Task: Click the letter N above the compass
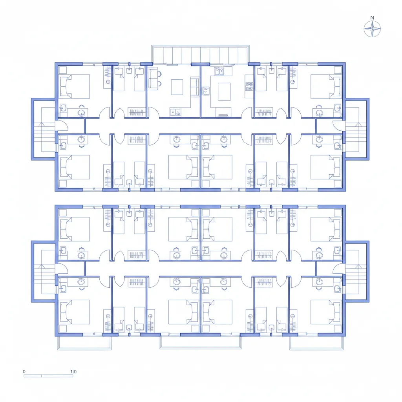click(372, 18)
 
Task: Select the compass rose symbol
click(372, 29)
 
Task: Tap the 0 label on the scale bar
click(24, 371)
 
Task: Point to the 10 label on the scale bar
click(73, 371)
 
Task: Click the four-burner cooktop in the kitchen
click(249, 86)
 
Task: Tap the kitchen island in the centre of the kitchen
click(224, 91)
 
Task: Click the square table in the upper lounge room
click(177, 87)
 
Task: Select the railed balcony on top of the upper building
click(200, 54)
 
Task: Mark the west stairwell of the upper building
click(44, 129)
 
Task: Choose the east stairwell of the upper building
click(357, 129)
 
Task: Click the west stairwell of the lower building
click(44, 272)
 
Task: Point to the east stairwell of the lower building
click(357, 272)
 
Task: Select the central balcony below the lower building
click(200, 342)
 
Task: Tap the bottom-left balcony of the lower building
click(84, 343)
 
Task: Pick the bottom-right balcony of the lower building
click(316, 343)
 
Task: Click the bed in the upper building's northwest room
click(75, 87)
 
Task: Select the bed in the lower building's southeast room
click(326, 312)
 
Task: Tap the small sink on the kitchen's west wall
click(206, 91)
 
